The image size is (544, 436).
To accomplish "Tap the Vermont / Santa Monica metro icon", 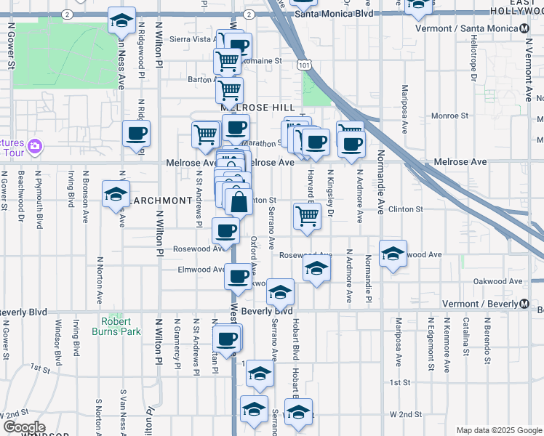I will click(x=524, y=28).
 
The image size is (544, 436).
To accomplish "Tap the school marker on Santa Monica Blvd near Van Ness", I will click(x=121, y=20).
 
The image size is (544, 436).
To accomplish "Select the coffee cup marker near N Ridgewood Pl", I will click(x=136, y=134).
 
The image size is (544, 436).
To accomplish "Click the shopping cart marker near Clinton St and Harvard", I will click(x=307, y=215).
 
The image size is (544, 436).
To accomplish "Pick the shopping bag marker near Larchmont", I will click(x=238, y=201).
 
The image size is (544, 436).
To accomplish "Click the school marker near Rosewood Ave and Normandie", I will click(x=393, y=253).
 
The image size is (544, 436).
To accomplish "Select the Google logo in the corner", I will click(x=24, y=427).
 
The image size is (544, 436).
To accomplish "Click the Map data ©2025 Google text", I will click(x=499, y=430).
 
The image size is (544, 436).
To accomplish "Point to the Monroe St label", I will click(x=449, y=116).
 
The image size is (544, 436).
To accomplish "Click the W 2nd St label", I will click(x=406, y=414).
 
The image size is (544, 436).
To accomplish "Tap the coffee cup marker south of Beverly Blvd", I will click(x=227, y=339).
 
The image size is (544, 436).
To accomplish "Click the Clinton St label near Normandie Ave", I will click(x=406, y=209).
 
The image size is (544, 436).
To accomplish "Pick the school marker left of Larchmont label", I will click(x=115, y=194).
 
